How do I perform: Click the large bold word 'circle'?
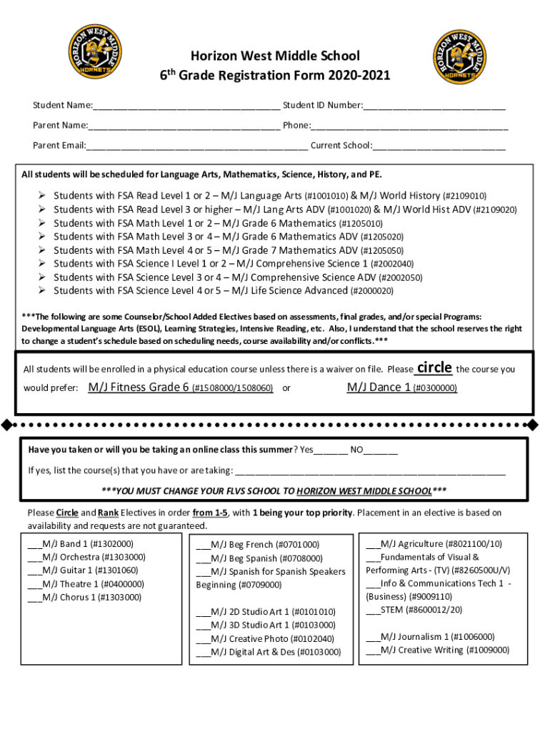click(434, 367)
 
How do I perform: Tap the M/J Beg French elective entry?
click(258, 545)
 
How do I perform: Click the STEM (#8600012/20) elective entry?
click(414, 610)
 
